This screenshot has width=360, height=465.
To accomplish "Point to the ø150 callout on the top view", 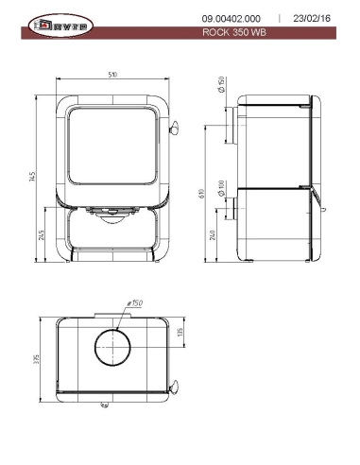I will click(135, 302).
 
